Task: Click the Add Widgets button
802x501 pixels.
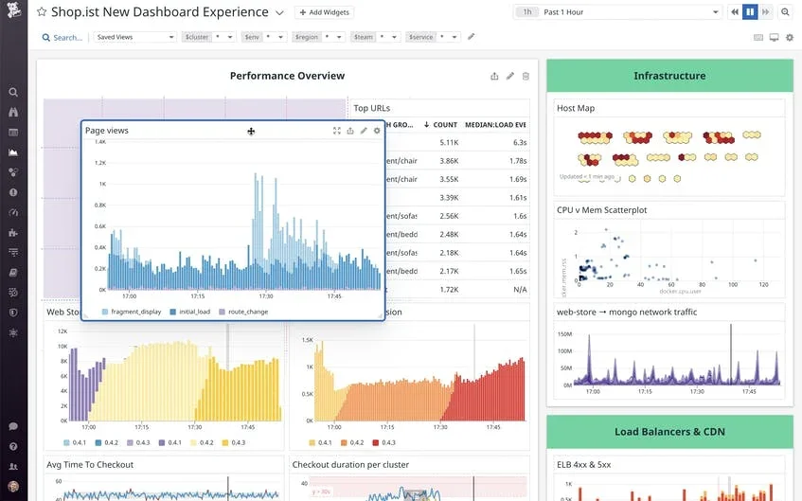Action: click(324, 12)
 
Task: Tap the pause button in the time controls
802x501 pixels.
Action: click(750, 12)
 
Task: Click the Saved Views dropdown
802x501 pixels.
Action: click(134, 37)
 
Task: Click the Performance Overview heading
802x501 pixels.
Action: click(287, 76)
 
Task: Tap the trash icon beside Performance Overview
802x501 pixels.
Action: click(526, 76)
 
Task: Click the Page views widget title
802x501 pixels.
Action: click(107, 131)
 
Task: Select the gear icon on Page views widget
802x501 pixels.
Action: click(377, 131)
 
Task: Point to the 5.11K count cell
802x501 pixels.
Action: click(448, 142)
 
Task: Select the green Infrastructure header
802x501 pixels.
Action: click(669, 76)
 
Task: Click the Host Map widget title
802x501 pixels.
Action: click(576, 108)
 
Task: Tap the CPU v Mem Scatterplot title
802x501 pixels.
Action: click(601, 210)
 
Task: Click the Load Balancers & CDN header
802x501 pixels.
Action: click(669, 432)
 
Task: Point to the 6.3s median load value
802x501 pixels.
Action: click(519, 142)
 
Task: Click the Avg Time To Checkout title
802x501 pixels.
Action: click(90, 464)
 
